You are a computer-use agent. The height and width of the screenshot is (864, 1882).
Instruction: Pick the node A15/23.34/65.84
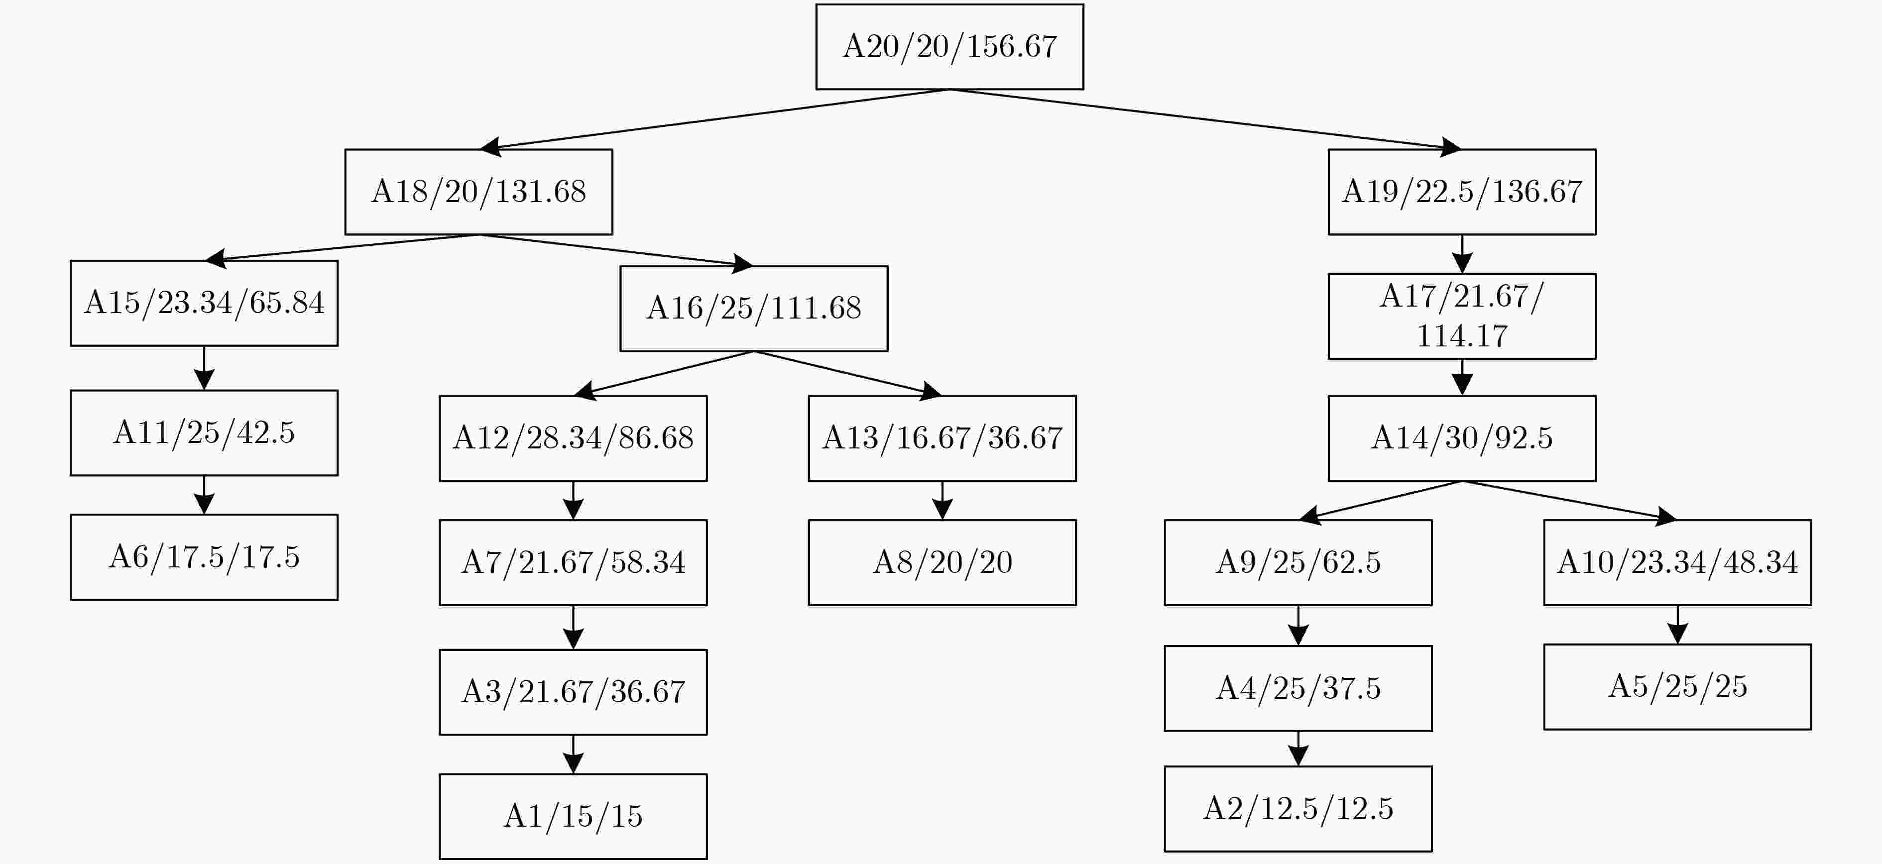(x=204, y=303)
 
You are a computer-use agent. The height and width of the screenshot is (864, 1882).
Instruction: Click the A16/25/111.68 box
(x=754, y=308)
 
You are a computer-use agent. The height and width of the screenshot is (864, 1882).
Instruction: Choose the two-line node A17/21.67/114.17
(x=1462, y=316)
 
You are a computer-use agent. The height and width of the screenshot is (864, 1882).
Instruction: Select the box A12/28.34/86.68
(x=573, y=438)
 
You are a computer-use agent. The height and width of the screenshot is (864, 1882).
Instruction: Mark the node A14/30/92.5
(x=1462, y=438)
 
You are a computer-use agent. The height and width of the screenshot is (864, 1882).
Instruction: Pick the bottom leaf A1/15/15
(x=573, y=817)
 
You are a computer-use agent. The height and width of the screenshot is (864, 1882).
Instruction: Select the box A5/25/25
(x=1677, y=686)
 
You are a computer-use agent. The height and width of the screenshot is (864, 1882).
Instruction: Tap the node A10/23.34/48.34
(x=1677, y=562)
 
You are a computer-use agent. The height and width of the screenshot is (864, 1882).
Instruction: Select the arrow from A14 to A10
(x=1569, y=500)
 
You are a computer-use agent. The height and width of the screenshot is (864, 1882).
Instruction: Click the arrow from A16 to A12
(x=663, y=374)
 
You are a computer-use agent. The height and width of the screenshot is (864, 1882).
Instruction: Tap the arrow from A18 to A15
(x=341, y=247)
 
